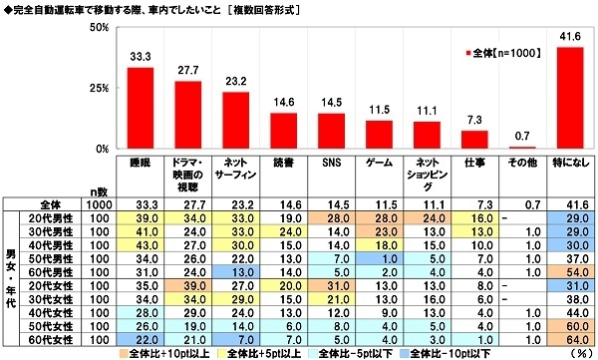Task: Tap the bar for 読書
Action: click(282, 131)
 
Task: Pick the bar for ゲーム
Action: click(378, 135)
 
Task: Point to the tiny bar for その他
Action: click(520, 148)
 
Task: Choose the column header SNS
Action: click(330, 162)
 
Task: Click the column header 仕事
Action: click(472, 162)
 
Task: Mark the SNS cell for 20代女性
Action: click(330, 286)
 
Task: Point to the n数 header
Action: click(97, 189)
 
